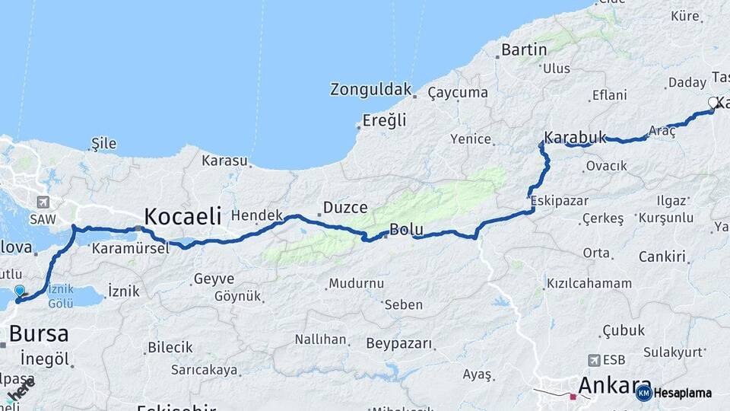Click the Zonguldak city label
370,89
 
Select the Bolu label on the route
405,229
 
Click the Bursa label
38,333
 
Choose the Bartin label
524,50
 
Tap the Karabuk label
576,138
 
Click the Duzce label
345,207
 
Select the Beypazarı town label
399,343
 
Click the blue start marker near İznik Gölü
20,291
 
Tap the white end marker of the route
713,103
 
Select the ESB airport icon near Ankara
593,359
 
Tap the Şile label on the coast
103,143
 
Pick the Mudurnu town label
356,283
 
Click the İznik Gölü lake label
60,296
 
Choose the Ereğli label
384,119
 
